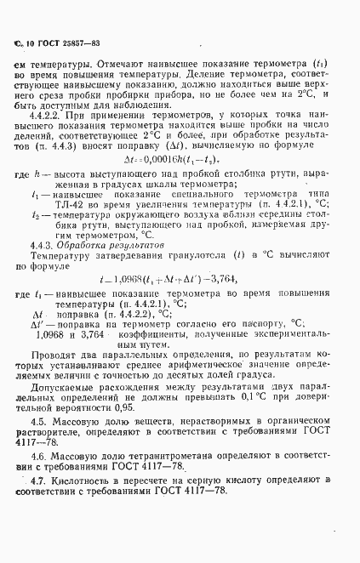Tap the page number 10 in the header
point(28,43)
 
